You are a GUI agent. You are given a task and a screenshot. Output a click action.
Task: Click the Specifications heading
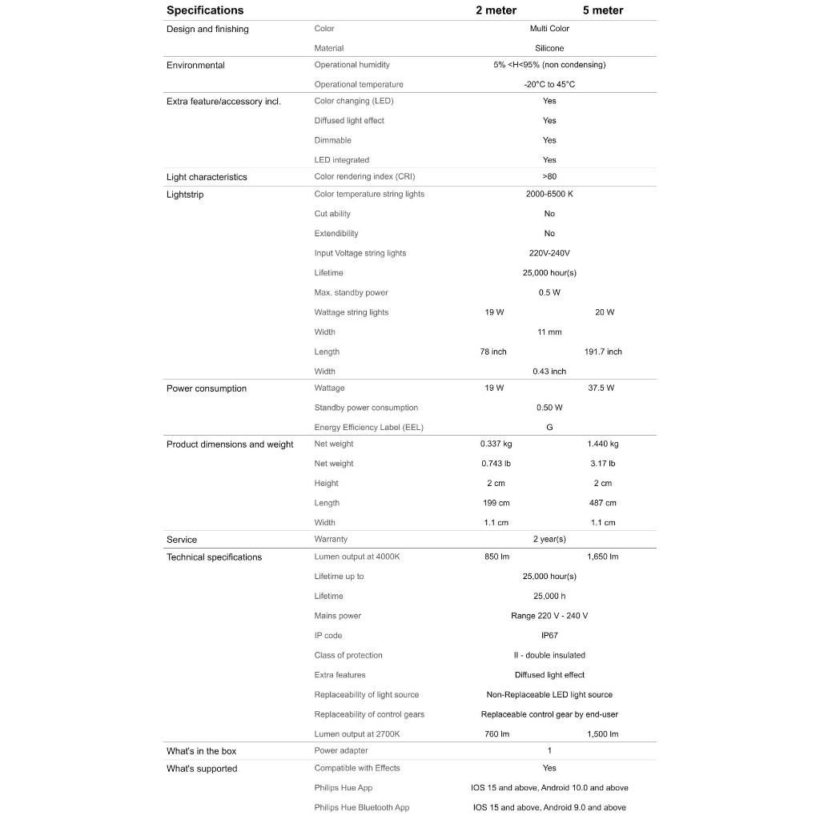[x=205, y=10]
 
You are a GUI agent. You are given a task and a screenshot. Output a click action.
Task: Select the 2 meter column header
[x=496, y=10]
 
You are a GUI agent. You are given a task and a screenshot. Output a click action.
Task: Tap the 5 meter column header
[x=603, y=10]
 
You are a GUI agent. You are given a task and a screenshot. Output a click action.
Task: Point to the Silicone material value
[x=549, y=48]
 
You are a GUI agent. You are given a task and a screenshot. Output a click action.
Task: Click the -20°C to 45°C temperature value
[x=549, y=84]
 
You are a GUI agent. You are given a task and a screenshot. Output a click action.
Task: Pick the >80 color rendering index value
[x=549, y=176]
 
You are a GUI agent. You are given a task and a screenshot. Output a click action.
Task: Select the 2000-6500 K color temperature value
[x=549, y=194]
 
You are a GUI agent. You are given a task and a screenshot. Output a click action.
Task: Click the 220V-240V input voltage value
[x=549, y=253]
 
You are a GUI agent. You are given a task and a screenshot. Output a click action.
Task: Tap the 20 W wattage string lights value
[x=605, y=312]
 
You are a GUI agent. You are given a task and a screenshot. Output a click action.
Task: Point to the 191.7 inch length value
[x=603, y=352]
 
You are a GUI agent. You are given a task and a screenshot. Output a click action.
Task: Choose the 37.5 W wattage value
[x=601, y=388]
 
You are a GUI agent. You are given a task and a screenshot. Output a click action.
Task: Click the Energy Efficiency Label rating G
[x=549, y=427]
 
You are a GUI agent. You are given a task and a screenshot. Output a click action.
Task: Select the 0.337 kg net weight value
[x=496, y=444]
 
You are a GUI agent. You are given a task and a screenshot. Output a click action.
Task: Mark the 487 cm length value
[x=603, y=503]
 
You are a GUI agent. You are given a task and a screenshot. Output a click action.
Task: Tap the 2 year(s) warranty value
[x=549, y=539]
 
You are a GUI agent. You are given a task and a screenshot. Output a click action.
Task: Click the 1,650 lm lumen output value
[x=603, y=557]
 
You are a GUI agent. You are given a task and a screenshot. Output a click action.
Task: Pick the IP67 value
[x=549, y=635]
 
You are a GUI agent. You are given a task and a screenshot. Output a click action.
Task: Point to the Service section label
[x=182, y=540]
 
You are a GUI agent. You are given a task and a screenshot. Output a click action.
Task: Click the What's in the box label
[x=201, y=751]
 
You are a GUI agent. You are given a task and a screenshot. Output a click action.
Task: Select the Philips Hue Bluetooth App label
[x=361, y=807]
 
